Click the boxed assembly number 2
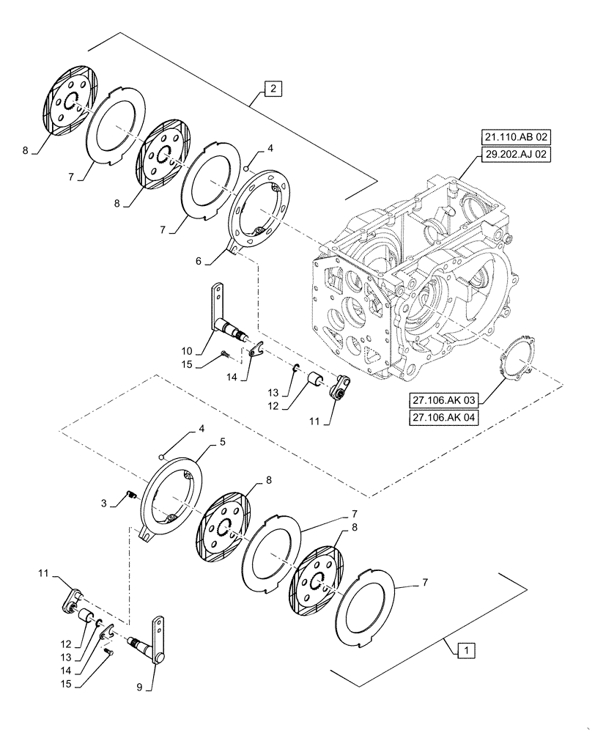[x=272, y=89]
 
